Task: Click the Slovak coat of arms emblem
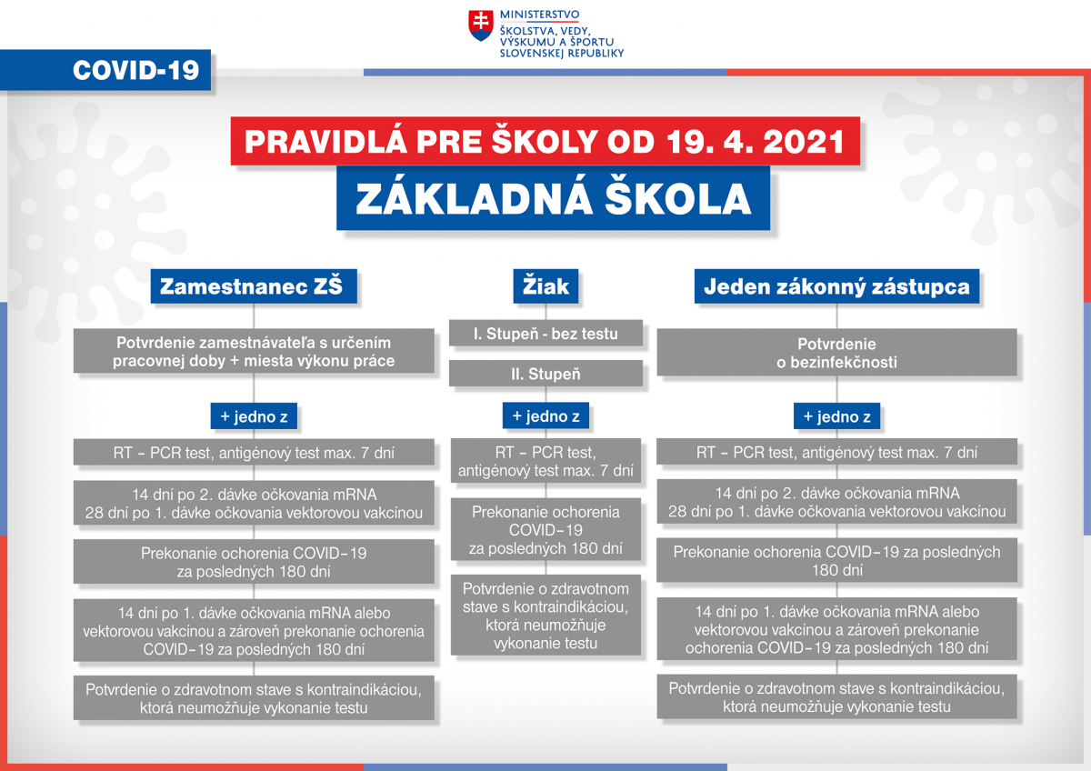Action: click(x=480, y=25)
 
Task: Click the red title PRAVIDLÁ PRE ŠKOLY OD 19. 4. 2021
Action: click(x=545, y=141)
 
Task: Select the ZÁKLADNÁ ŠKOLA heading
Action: click(x=553, y=197)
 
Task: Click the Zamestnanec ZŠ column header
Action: click(x=254, y=286)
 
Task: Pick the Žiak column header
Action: click(x=545, y=286)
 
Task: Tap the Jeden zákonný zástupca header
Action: click(x=836, y=286)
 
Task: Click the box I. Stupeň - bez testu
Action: click(x=545, y=333)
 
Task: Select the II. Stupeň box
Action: click(x=545, y=374)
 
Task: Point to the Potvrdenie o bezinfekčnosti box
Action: click(x=836, y=352)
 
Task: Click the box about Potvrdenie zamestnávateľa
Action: click(x=254, y=351)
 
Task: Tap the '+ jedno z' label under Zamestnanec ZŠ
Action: click(x=254, y=416)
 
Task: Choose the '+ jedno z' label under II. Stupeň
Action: click(x=545, y=416)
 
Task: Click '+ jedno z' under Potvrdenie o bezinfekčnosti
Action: click(x=836, y=416)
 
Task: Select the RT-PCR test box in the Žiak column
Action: click(x=545, y=461)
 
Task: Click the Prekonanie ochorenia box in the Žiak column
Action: click(x=545, y=529)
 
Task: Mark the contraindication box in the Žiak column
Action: click(x=545, y=616)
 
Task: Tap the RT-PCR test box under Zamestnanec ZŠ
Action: click(x=254, y=453)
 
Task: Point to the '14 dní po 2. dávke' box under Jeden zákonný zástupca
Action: click(x=836, y=502)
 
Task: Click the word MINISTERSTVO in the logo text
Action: click(x=539, y=15)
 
